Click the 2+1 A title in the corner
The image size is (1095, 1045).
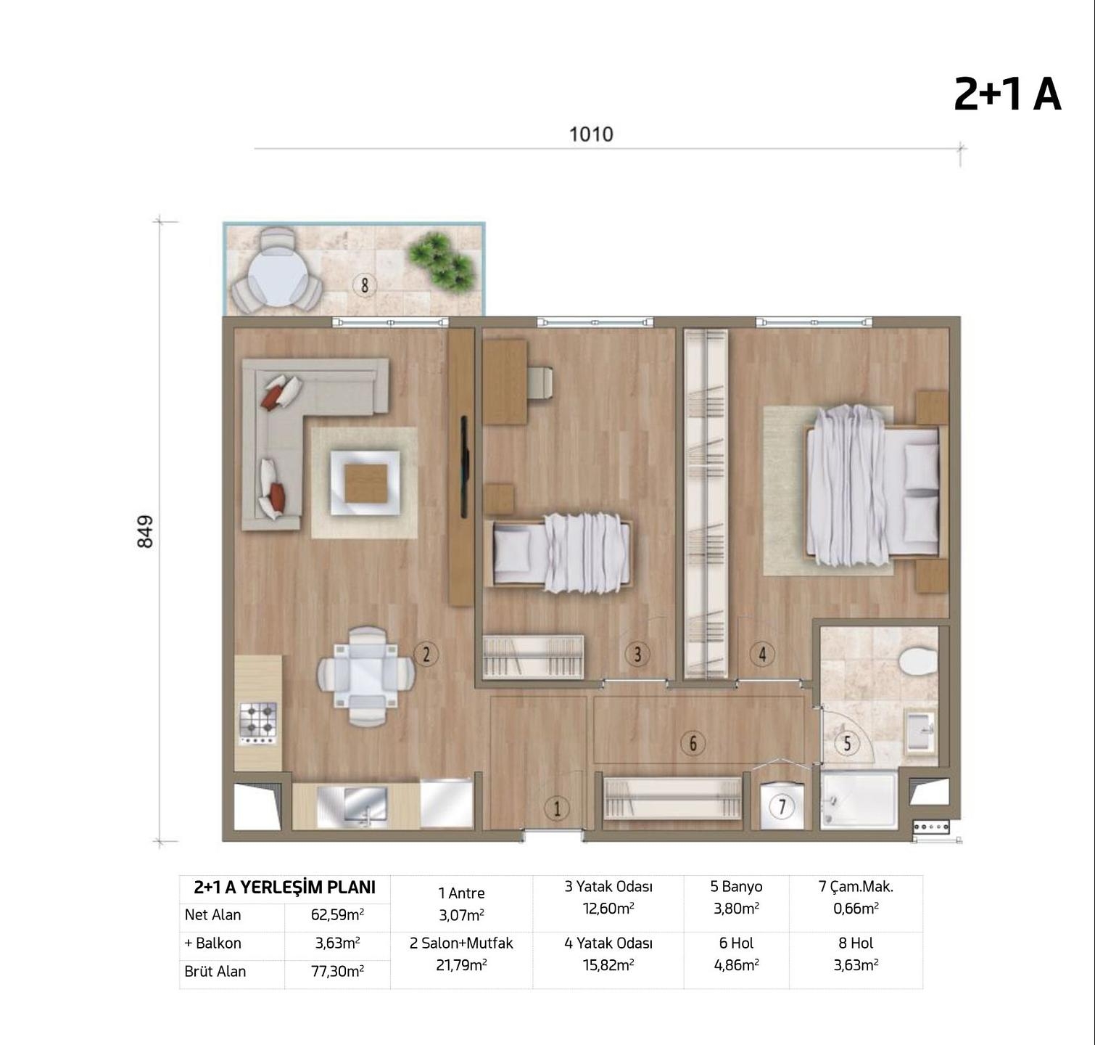tap(1007, 94)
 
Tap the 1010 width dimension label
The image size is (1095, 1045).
tap(591, 134)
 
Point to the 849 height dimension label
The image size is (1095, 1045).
tap(145, 531)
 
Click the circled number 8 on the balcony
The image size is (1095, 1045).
tap(364, 285)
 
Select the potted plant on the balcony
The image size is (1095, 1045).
tap(441, 259)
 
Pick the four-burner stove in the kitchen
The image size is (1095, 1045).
tap(258, 723)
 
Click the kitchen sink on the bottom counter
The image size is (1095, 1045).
tap(365, 806)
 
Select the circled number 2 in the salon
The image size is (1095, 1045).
tap(426, 655)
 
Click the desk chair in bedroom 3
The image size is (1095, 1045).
tap(540, 382)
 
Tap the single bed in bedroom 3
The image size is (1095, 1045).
tap(560, 551)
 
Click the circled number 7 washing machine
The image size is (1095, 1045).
tap(781, 806)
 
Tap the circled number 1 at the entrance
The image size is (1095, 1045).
tap(557, 808)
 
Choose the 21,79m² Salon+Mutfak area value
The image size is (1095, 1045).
tap(461, 965)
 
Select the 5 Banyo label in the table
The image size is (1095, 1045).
tap(736, 887)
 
